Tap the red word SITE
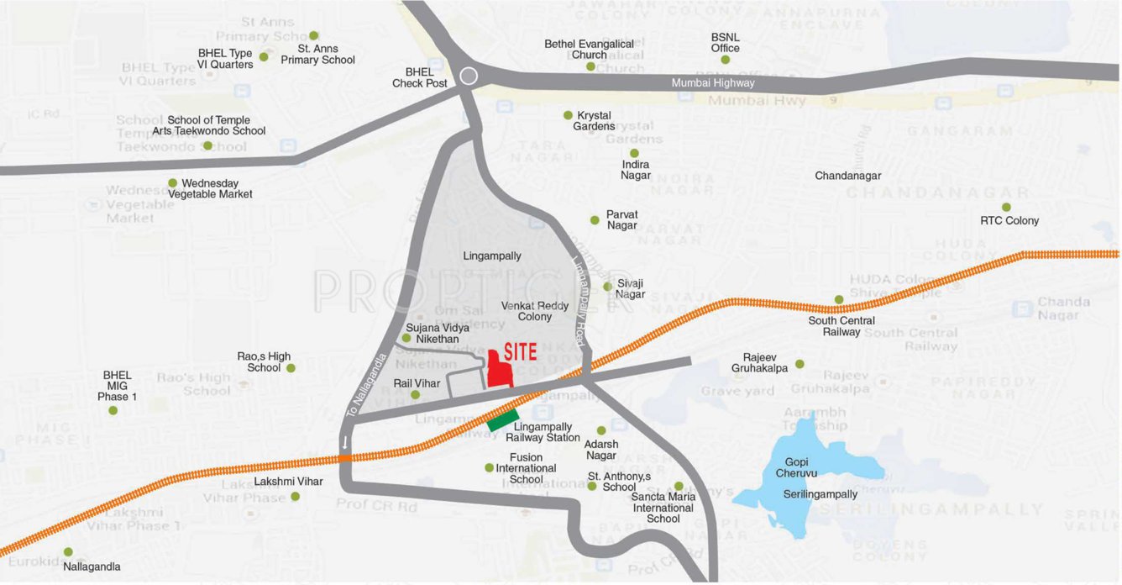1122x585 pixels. [521, 352]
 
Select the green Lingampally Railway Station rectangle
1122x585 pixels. [504, 419]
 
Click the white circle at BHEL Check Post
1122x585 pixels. [469, 76]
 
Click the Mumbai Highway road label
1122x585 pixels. [713, 83]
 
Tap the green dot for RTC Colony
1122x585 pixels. [1006, 207]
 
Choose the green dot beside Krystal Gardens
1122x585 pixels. [568, 115]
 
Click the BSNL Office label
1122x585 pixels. [726, 43]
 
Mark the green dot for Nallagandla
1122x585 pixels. [68, 552]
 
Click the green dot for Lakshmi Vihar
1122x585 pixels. [295, 497]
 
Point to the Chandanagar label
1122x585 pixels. [847, 176]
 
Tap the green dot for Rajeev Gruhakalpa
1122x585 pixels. [800, 364]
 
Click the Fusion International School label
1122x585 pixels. [526, 468]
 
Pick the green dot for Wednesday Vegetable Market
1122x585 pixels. [173, 182]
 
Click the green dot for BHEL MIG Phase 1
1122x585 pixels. [113, 410]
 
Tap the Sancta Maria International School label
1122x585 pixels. [663, 508]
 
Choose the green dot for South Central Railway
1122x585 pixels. [839, 299]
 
